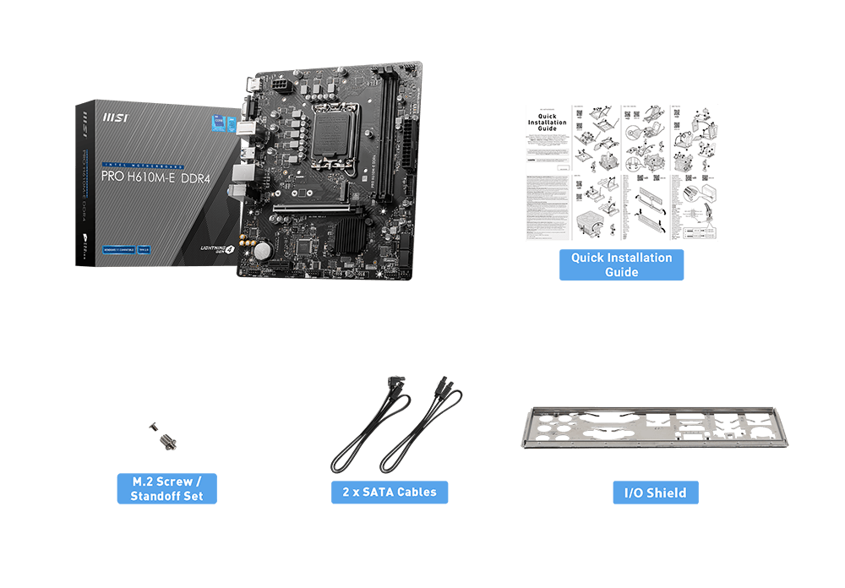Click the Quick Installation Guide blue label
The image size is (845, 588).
[621, 265]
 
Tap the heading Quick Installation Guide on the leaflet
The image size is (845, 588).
[548, 122]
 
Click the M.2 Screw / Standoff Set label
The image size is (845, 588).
[166, 488]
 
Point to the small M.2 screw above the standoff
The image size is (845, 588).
[154, 427]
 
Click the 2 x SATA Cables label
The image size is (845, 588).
[389, 492]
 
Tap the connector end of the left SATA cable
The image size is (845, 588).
[395, 388]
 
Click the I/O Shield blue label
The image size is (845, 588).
[655, 493]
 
